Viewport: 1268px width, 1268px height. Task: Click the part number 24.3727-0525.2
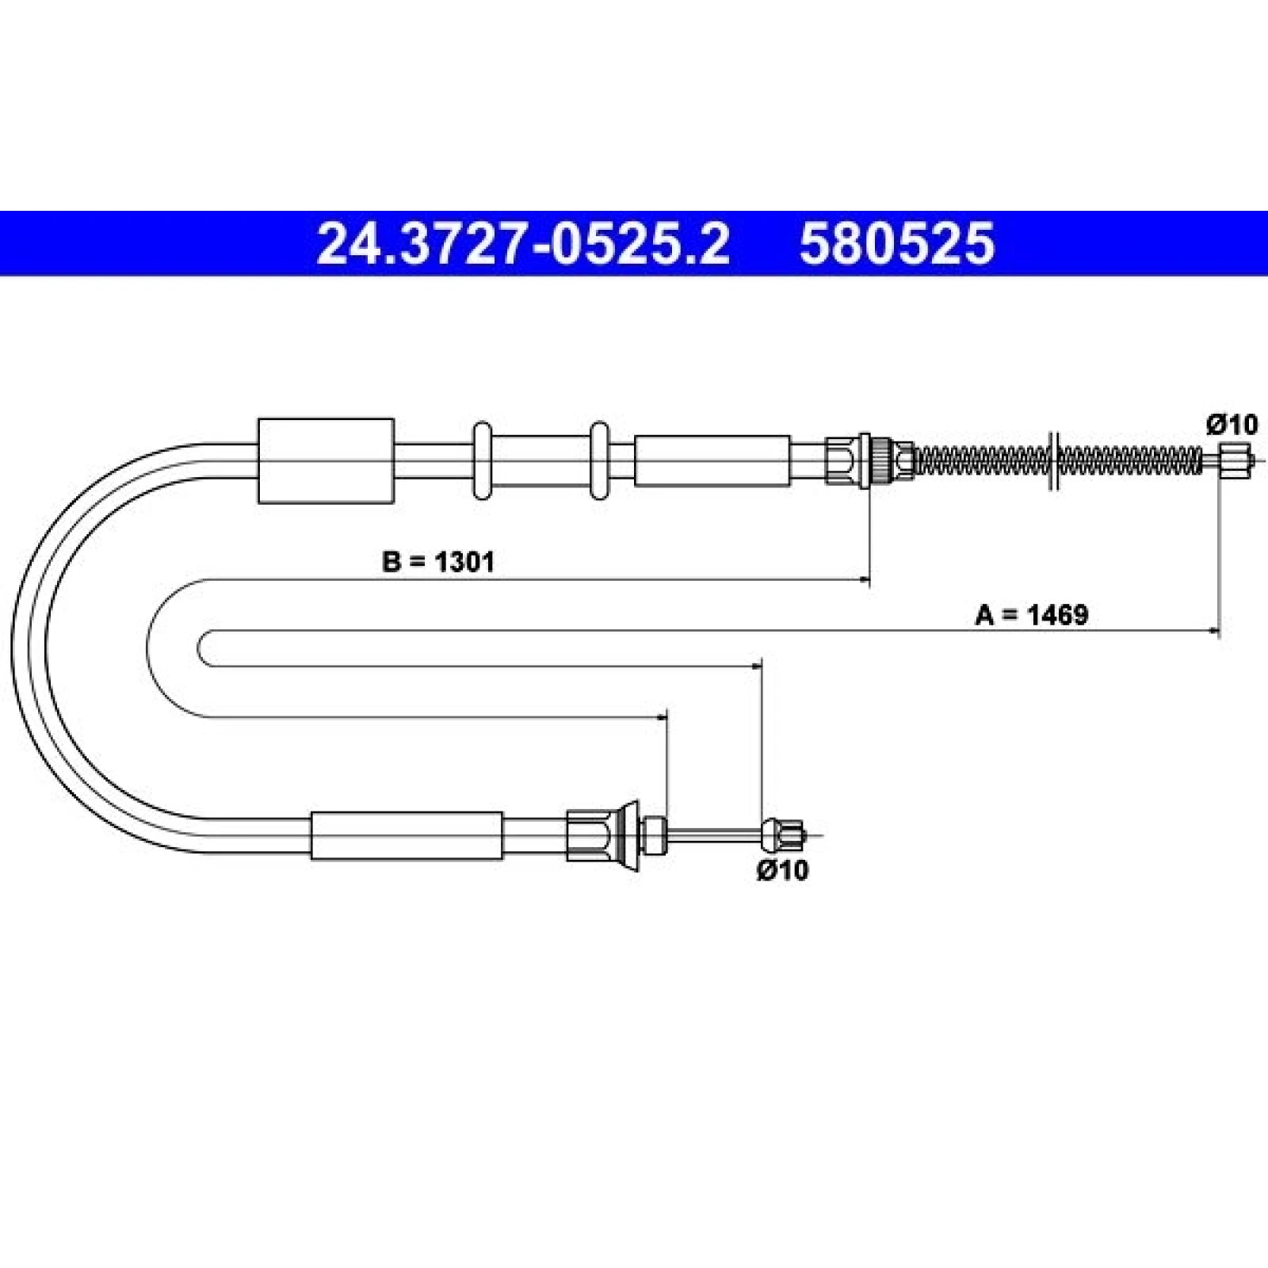(x=522, y=243)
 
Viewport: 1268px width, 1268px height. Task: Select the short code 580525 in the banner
(x=896, y=243)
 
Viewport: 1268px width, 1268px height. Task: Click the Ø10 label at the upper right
(x=1232, y=425)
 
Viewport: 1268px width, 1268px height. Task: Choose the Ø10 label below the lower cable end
(x=783, y=869)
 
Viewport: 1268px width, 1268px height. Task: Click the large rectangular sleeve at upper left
(x=327, y=460)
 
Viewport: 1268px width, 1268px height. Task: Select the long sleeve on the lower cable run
(x=407, y=835)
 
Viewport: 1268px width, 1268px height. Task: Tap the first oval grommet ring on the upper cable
(x=482, y=460)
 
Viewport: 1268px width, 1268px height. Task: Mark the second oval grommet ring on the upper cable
(x=599, y=460)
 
